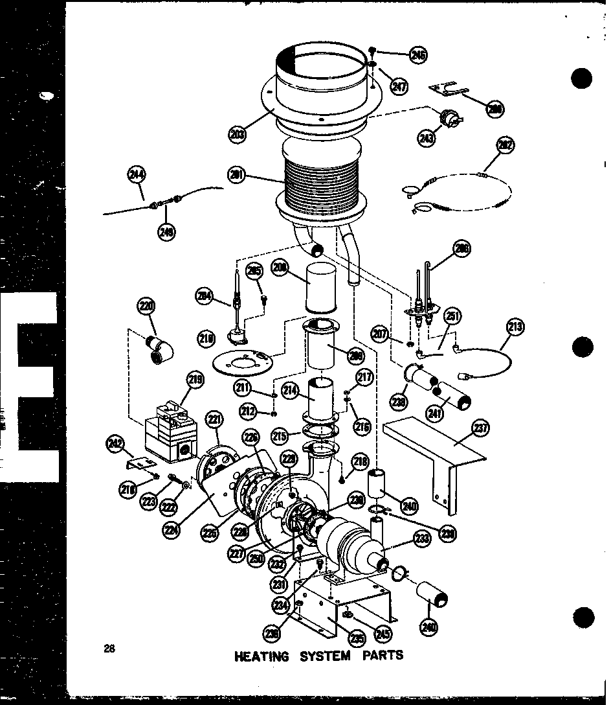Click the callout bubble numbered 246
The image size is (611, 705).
point(419,56)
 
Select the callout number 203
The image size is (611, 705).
point(237,133)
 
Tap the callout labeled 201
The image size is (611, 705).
point(236,174)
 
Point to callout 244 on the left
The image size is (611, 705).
point(137,174)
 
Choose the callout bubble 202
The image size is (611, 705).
point(505,146)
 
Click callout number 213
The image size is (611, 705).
point(516,327)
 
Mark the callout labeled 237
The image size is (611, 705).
point(481,428)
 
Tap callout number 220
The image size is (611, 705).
point(147,306)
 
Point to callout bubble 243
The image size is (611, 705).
point(426,138)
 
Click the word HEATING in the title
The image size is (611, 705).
point(261,656)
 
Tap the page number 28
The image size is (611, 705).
point(108,647)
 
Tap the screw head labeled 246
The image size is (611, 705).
point(373,49)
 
